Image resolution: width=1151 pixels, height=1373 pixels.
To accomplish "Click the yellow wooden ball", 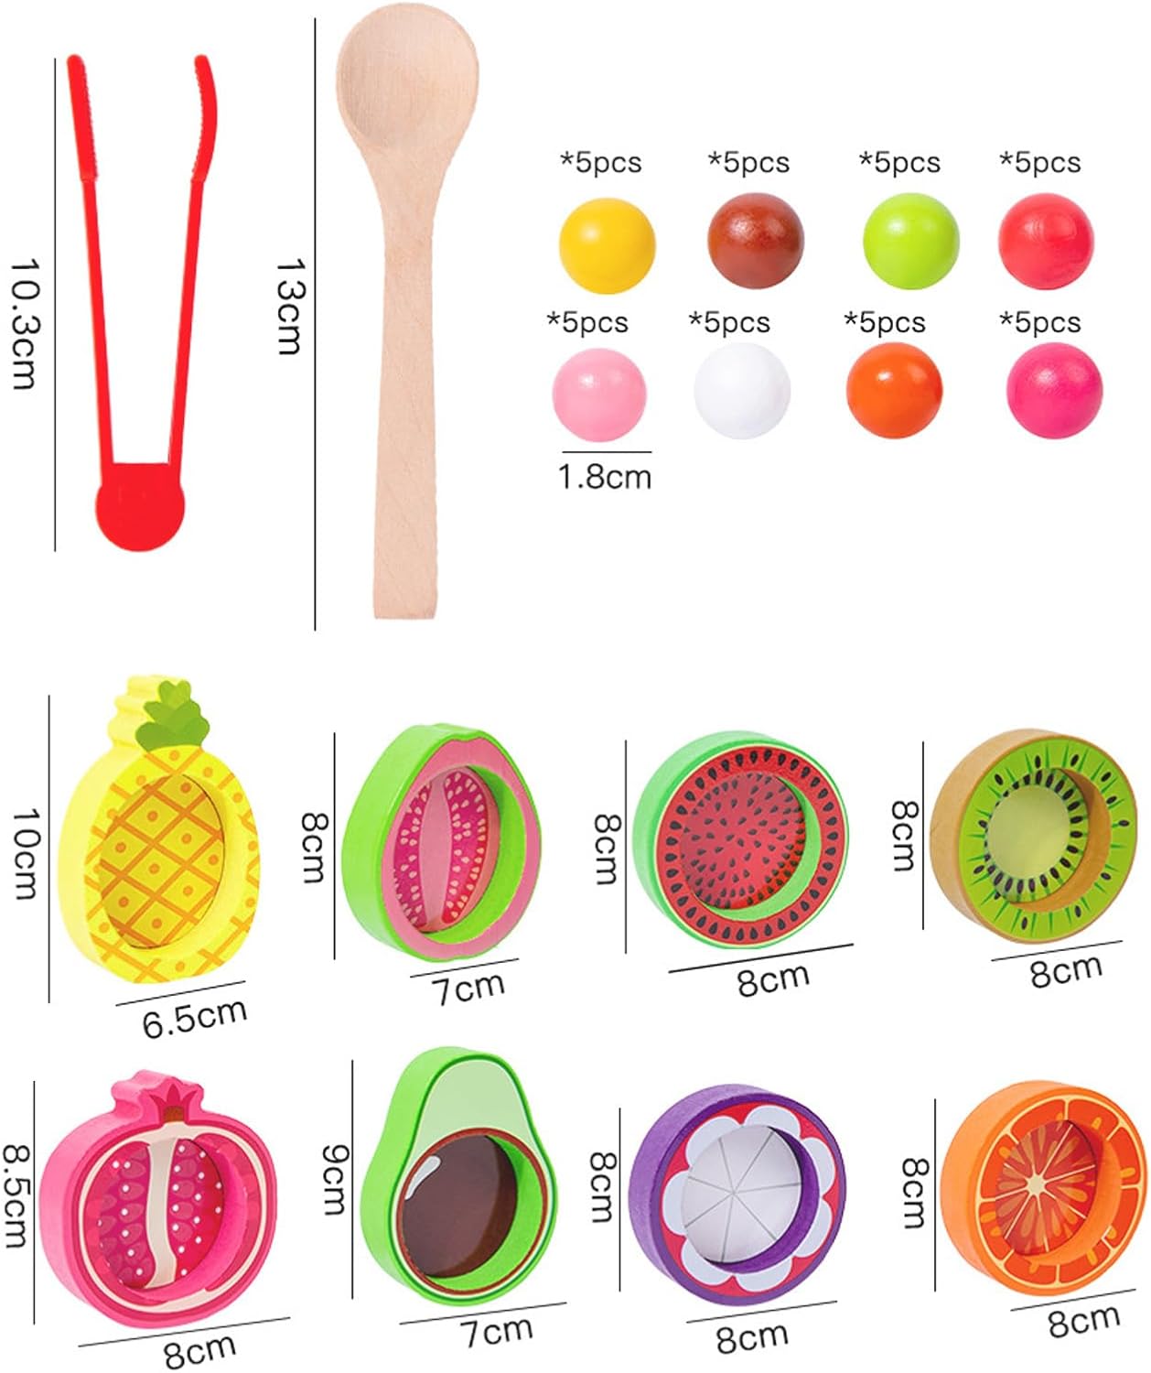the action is [x=607, y=245].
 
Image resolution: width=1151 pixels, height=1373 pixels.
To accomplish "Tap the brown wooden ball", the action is [x=755, y=240].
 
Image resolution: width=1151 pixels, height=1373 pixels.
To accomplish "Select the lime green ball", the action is [x=910, y=241].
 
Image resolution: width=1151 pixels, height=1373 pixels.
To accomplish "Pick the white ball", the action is [x=741, y=391].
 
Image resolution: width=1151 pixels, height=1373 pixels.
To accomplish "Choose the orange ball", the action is [x=894, y=390].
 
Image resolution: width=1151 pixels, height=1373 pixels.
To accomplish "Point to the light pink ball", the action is [x=599, y=395].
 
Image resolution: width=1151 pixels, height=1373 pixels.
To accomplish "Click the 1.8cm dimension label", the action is [x=605, y=478].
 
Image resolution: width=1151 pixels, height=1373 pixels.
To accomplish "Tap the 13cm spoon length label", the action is [x=290, y=307].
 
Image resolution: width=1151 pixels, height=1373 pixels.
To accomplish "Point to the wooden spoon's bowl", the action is [x=407, y=82].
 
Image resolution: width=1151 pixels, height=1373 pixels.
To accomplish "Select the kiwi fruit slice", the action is [x=1033, y=835].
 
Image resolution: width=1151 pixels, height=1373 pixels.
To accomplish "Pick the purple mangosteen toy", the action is [x=737, y=1205].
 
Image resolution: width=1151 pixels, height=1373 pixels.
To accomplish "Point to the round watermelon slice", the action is [x=740, y=840].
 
